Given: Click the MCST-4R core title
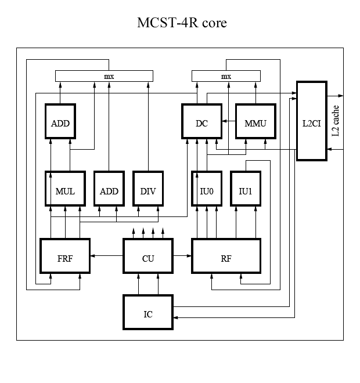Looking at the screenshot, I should [x=181, y=23].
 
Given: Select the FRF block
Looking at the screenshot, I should [x=65, y=255].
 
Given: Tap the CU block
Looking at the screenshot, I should [x=148, y=255].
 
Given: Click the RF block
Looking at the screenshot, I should [x=226, y=255].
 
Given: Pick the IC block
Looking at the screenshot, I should [x=148, y=312].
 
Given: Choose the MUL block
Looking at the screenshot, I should [x=65, y=189].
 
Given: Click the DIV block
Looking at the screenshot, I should [x=148, y=189].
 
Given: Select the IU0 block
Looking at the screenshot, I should [x=207, y=189].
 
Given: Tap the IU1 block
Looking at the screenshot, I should [x=246, y=189].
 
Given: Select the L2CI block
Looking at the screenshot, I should [x=312, y=121].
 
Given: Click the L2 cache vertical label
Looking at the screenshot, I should [x=336, y=121].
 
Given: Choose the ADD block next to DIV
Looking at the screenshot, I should [x=109, y=189].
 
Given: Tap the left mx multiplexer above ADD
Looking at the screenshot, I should [x=104, y=76].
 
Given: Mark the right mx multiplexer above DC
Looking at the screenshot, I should [x=226, y=76].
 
